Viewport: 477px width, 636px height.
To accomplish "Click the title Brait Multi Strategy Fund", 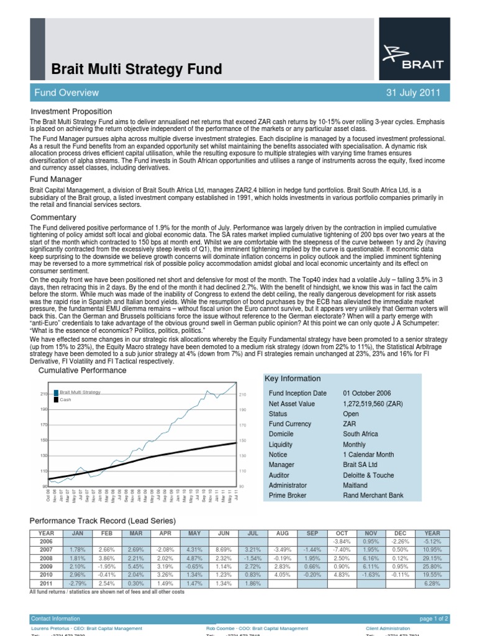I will [135, 68].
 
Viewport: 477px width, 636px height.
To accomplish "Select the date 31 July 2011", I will [413, 93].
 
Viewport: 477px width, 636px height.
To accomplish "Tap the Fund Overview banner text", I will [66, 93].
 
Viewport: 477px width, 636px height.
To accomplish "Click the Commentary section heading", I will [54, 217].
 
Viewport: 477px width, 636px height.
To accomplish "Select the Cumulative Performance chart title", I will [82, 370].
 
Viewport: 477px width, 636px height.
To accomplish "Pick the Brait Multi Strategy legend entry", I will [79, 393].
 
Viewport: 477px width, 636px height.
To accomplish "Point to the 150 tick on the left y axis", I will [43, 440].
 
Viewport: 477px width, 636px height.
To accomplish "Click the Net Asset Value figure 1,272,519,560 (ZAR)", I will [373, 404].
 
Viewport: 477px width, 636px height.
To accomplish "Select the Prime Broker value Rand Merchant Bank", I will [373, 496].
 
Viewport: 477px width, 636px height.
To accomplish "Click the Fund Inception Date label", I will [297, 393].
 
